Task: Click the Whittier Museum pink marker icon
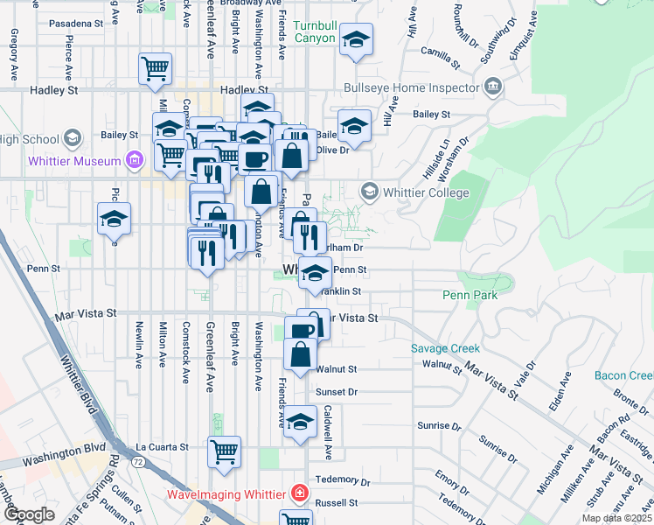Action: (x=134, y=160)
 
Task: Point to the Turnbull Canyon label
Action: (x=314, y=31)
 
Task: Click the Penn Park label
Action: (x=470, y=295)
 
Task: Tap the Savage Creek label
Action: (x=446, y=348)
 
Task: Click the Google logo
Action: (x=29, y=514)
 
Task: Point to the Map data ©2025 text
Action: (x=616, y=518)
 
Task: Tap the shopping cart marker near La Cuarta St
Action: (x=225, y=452)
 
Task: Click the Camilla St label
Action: (x=440, y=58)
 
